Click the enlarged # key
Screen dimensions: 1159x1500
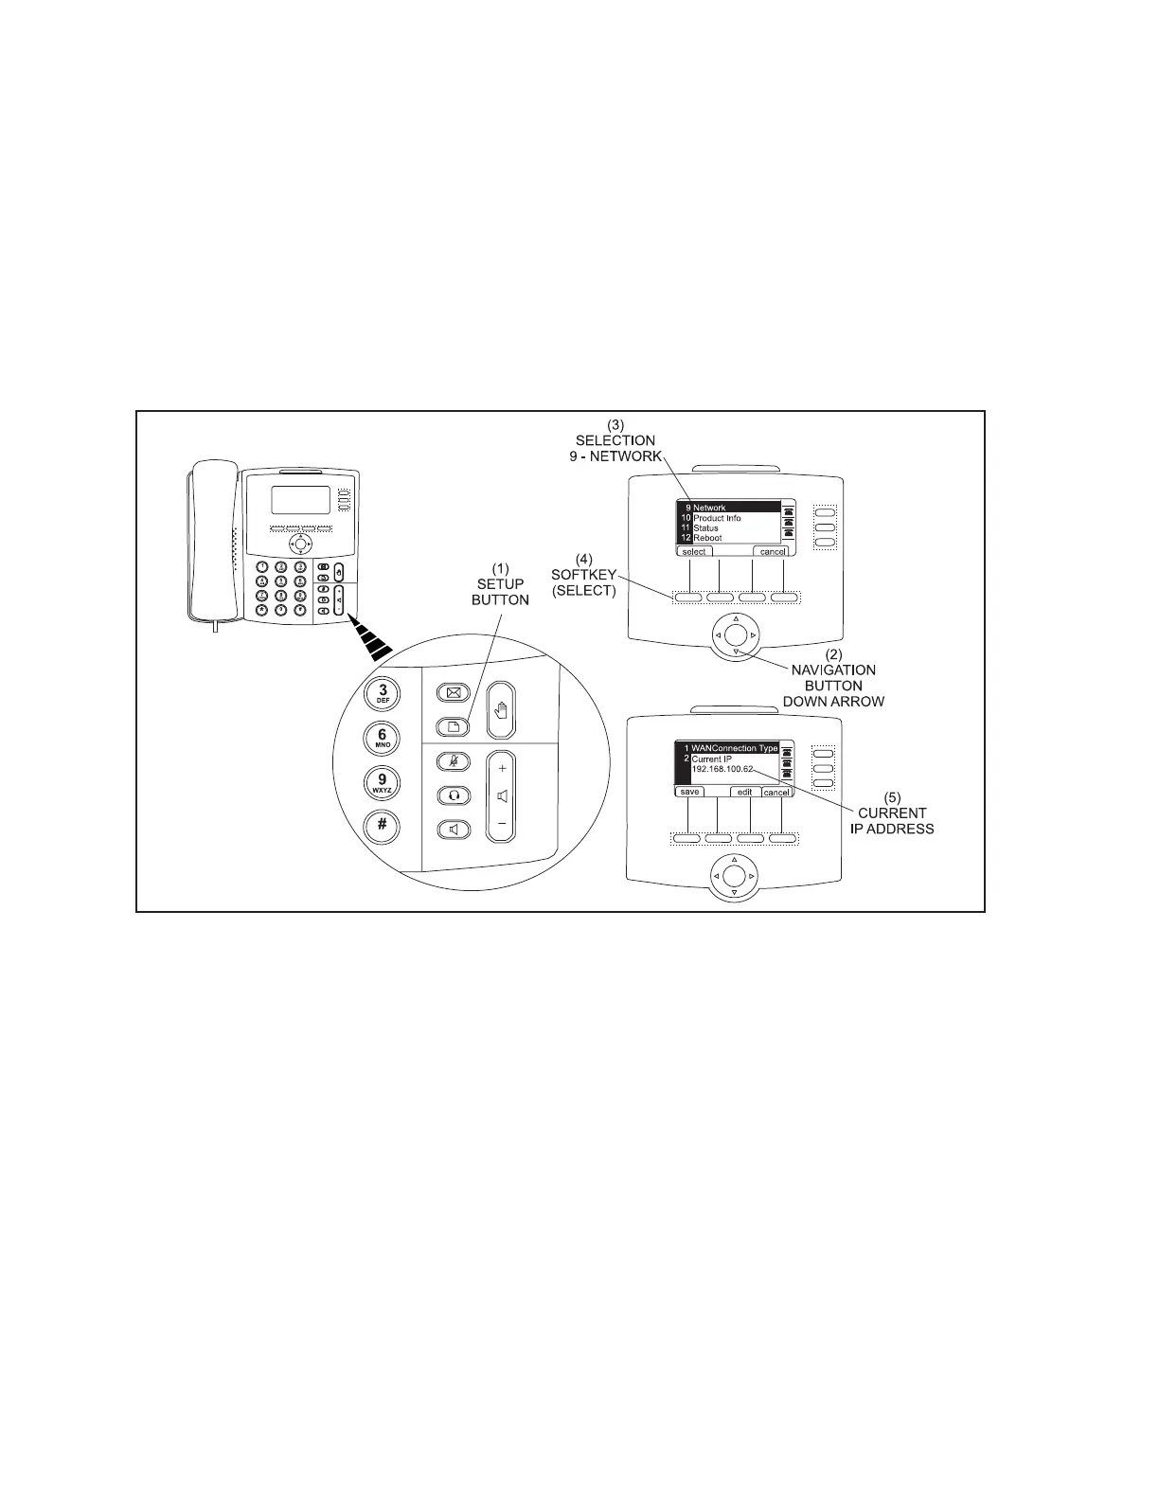383,824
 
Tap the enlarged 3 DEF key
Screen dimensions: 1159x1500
383,693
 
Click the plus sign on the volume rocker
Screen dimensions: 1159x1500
502,769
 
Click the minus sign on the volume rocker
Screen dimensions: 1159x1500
502,823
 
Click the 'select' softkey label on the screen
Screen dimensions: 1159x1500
694,551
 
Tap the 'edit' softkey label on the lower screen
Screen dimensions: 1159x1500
744,792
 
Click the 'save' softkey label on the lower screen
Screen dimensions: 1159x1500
689,792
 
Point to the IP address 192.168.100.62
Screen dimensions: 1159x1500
722,768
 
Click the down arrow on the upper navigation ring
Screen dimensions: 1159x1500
736,652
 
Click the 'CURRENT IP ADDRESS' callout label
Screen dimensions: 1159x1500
892,821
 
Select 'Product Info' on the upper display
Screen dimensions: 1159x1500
717,518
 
